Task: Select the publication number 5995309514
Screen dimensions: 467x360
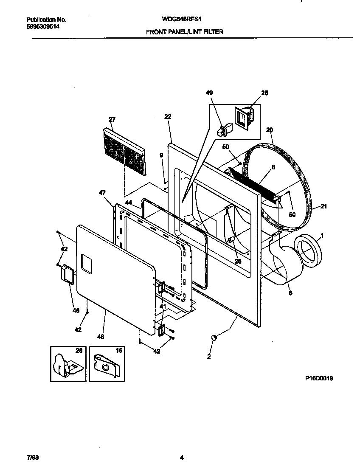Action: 42,26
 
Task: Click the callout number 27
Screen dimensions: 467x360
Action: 112,120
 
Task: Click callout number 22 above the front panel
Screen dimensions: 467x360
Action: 168,117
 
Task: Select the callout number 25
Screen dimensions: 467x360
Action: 265,93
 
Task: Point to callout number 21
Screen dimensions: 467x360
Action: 323,207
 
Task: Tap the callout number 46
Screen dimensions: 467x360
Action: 76,311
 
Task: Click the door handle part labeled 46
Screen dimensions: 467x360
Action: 67,273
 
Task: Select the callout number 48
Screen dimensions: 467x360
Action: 100,337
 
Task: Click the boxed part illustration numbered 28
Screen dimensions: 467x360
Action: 67,364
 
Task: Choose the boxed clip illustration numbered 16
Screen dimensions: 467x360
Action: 107,364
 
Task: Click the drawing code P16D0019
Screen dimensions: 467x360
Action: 318,379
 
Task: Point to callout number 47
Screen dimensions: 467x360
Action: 102,193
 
